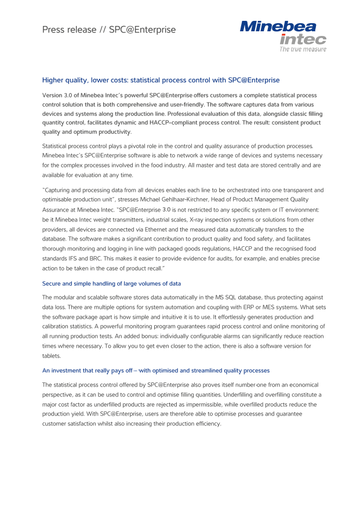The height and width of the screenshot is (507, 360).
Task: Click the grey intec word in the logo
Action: (x=303, y=39)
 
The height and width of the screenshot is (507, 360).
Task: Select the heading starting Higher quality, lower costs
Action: (x=163, y=81)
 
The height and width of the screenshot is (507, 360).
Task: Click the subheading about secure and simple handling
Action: (x=111, y=283)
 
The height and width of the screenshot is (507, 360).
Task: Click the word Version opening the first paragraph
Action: (x=54, y=94)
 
